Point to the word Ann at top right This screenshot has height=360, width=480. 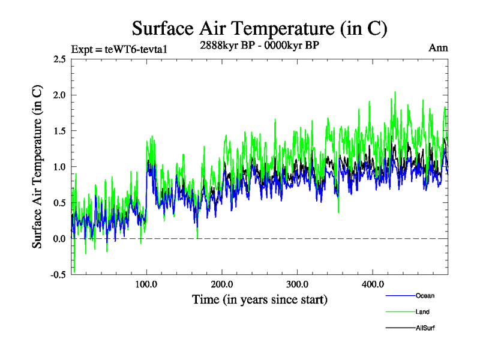[438, 47]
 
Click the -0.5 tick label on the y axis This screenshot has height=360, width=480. [58, 275]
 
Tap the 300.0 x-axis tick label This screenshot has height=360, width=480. [298, 284]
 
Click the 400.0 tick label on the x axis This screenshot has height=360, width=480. [373, 284]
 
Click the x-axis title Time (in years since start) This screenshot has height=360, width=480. [260, 299]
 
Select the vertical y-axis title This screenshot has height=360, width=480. [37, 167]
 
